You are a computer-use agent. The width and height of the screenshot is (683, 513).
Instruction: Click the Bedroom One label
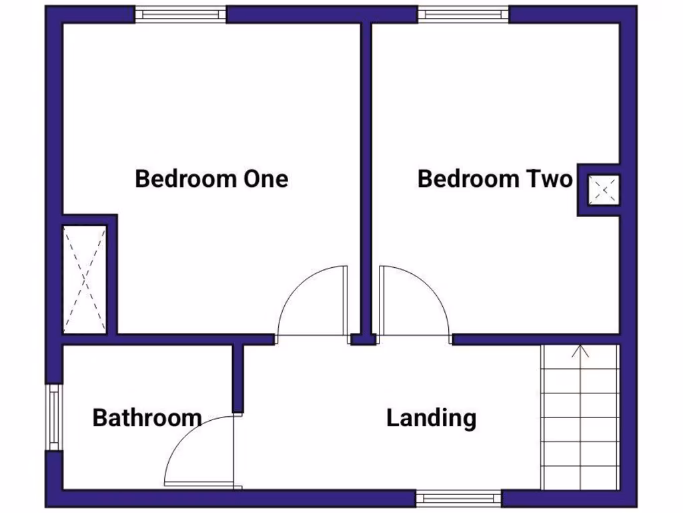(211, 179)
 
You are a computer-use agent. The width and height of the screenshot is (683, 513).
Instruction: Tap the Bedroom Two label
(495, 179)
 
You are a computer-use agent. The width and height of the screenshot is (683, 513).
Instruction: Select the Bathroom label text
(147, 418)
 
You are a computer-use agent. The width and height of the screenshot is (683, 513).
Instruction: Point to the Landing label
(432, 418)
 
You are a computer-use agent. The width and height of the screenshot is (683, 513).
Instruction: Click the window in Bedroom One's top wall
(181, 13)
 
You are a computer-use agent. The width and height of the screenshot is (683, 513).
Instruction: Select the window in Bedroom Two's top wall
(464, 13)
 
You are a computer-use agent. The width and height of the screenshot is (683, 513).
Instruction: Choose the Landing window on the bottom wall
(459, 498)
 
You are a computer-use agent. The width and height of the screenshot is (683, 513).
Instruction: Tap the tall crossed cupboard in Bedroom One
(84, 279)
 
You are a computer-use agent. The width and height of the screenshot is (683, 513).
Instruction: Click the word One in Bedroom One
(265, 179)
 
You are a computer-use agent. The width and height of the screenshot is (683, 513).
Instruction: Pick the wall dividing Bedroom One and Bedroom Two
(366, 167)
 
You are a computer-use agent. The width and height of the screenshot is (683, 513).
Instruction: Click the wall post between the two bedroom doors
(363, 339)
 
